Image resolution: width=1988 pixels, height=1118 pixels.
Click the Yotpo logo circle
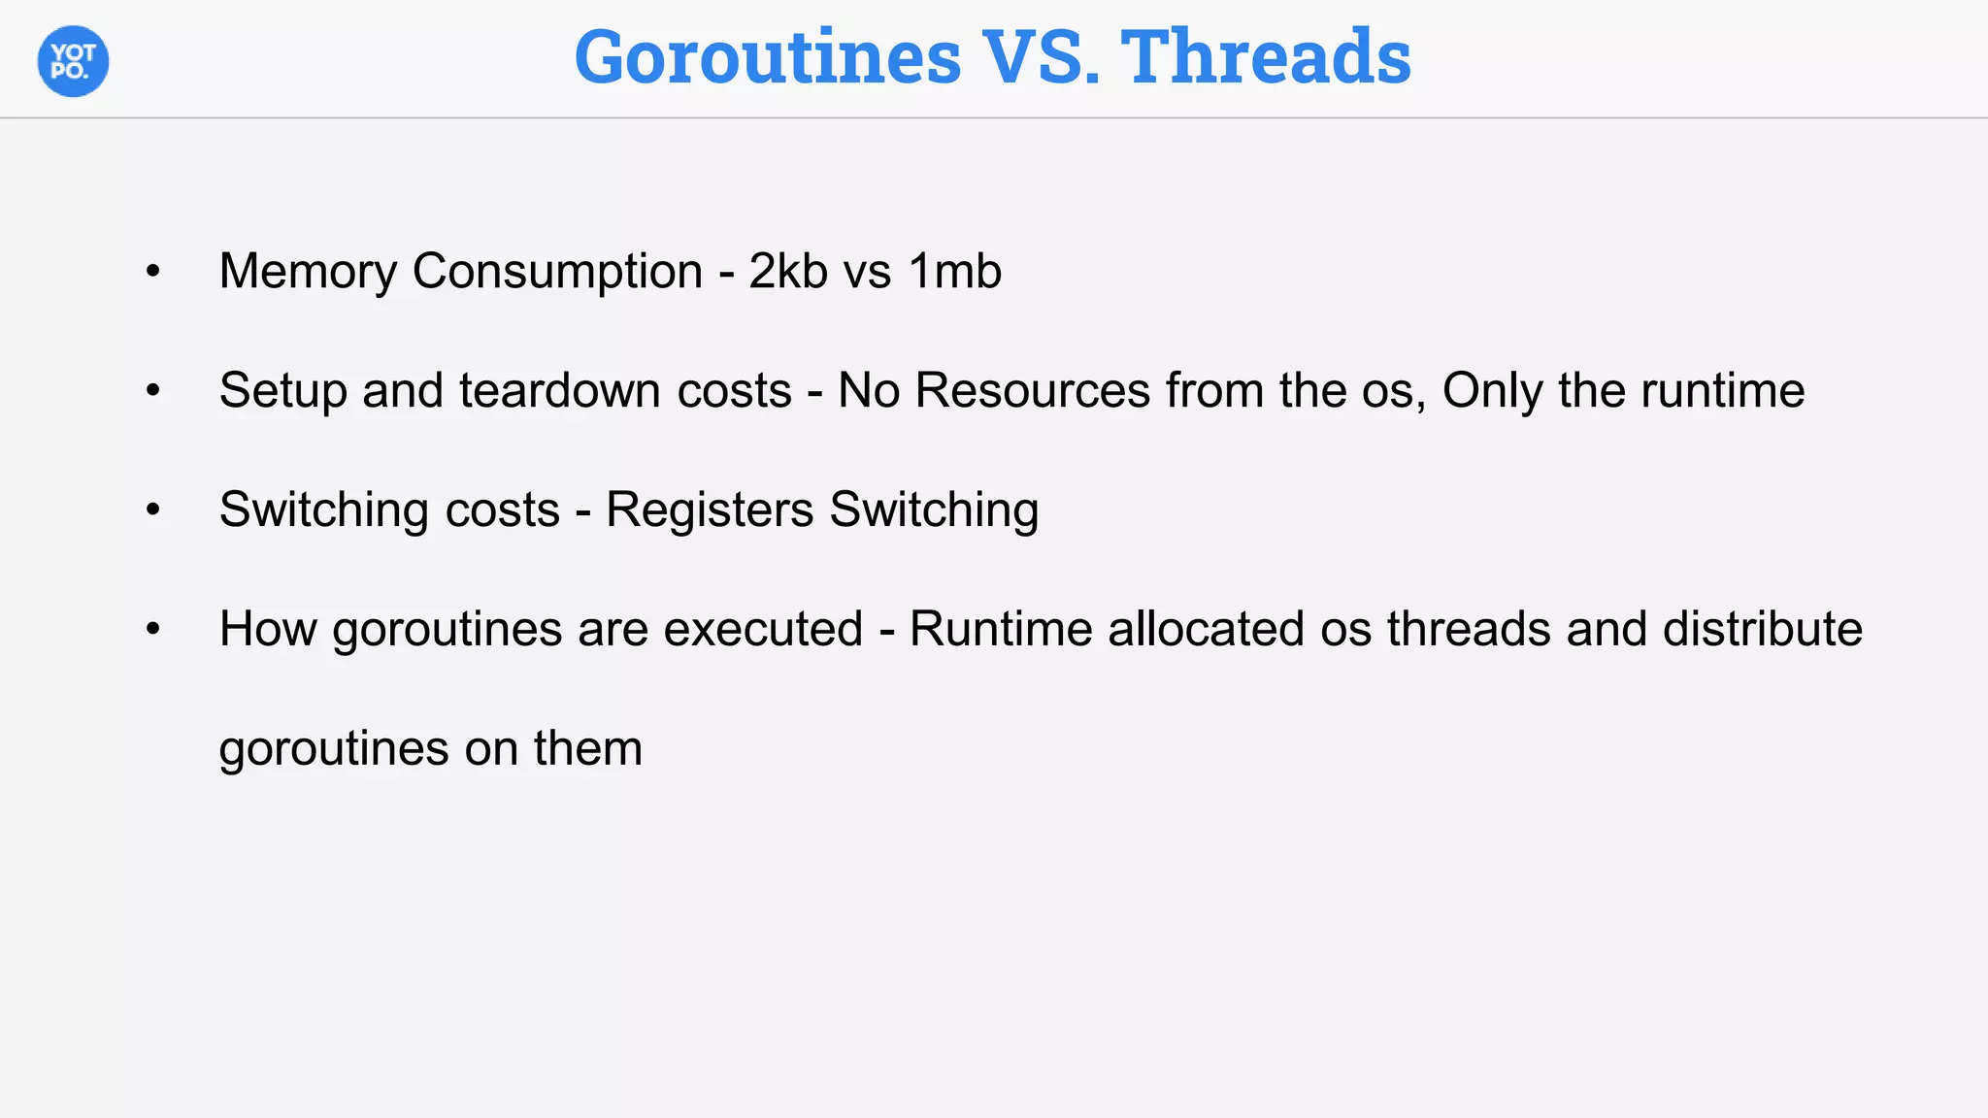(73, 61)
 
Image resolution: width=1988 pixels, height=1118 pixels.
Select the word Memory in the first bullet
(308, 271)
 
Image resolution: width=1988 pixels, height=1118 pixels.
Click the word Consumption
(557, 271)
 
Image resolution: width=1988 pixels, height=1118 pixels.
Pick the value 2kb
(788, 271)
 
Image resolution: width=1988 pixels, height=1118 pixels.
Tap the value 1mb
(955, 271)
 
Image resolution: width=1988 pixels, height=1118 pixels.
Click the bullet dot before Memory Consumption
(152, 272)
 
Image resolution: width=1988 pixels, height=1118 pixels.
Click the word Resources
(1033, 390)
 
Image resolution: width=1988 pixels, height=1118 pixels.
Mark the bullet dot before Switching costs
(152, 510)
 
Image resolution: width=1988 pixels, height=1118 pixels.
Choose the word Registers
(710, 510)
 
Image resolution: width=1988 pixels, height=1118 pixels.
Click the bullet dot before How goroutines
(152, 630)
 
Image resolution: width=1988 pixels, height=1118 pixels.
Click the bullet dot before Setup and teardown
(152, 391)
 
